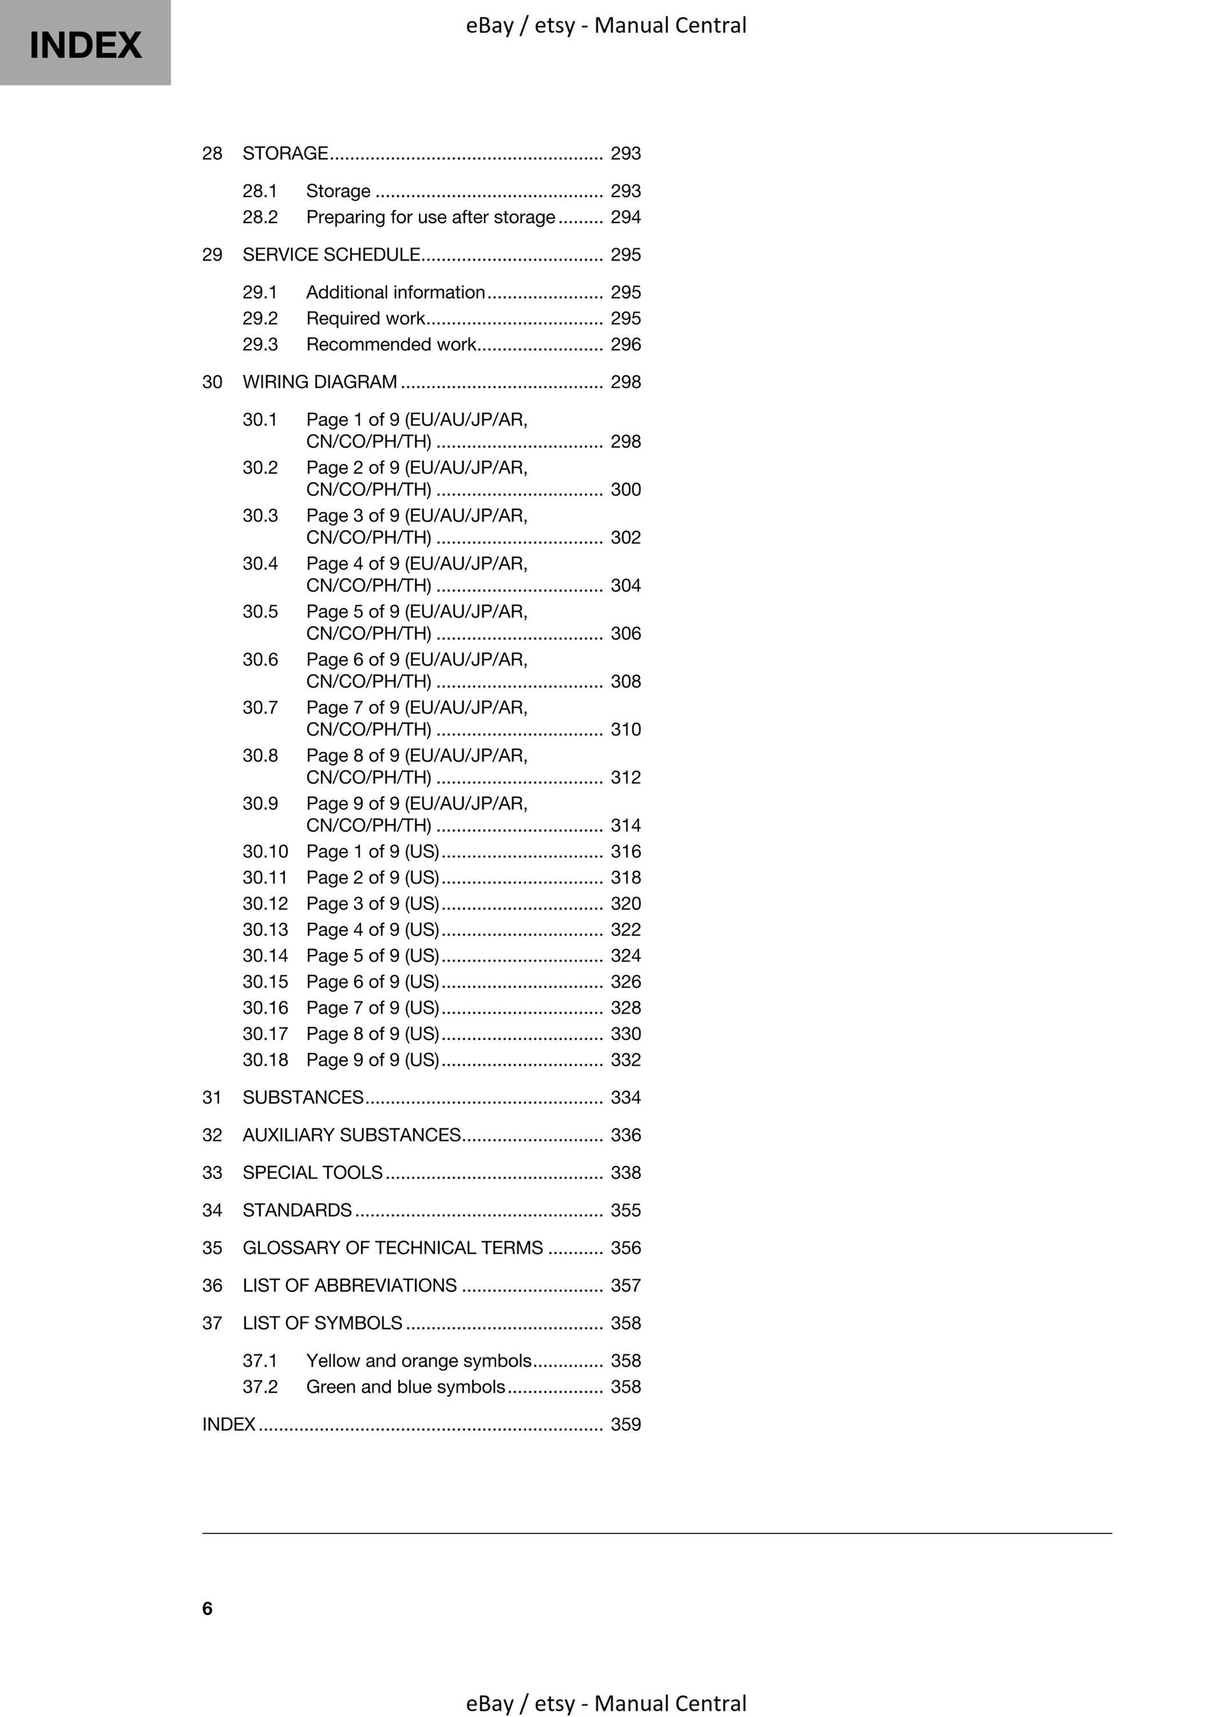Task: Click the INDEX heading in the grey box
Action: click(85, 45)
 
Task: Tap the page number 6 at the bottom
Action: click(207, 1608)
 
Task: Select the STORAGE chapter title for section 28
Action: click(285, 153)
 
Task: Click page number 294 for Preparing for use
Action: click(625, 217)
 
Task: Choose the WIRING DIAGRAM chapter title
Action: click(319, 382)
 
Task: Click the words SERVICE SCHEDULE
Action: click(331, 254)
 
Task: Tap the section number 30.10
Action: click(265, 851)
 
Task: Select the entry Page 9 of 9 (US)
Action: click(372, 1060)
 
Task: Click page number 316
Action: click(625, 851)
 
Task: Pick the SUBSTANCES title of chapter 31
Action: click(303, 1097)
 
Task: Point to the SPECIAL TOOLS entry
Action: click(312, 1172)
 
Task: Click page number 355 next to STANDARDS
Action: click(625, 1210)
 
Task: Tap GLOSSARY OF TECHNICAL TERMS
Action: click(393, 1248)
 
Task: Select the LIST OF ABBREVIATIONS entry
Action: click(349, 1285)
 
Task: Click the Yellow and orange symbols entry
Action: click(418, 1360)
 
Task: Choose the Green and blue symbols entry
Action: click(405, 1387)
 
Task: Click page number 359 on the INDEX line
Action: click(625, 1424)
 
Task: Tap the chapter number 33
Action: click(212, 1172)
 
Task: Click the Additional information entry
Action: click(395, 292)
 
